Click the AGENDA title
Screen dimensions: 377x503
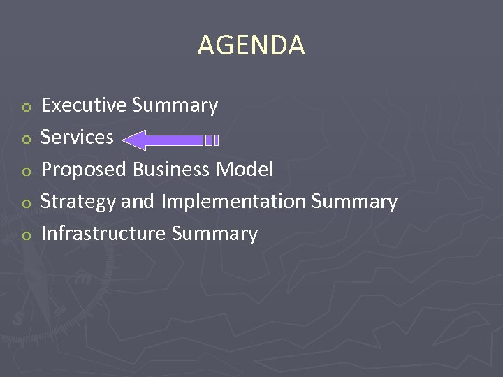pos(251,45)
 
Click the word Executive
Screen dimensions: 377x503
pos(84,105)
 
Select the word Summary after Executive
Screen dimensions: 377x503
pos(175,105)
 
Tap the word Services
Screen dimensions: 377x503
pos(77,138)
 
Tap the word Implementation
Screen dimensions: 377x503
pos(233,202)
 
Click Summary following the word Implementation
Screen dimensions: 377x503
pos(354,202)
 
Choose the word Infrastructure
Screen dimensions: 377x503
pos(103,234)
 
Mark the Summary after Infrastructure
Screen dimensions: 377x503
pos(214,234)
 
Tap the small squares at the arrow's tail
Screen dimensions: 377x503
pos(212,140)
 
